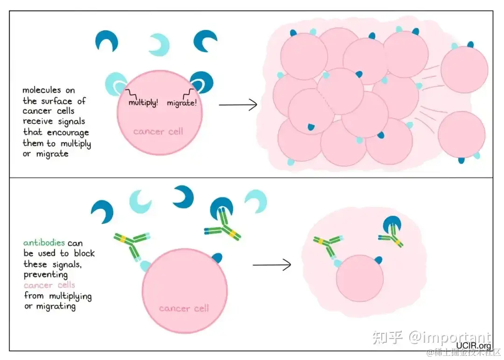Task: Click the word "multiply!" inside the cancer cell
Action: [x=143, y=102]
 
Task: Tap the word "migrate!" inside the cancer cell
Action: [x=182, y=103]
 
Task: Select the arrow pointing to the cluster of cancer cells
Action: [x=238, y=105]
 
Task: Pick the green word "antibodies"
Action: [x=44, y=243]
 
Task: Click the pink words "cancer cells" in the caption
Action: [x=49, y=285]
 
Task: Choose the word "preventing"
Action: [x=45, y=275]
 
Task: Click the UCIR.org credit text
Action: [x=474, y=346]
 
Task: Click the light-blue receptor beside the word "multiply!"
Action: [x=116, y=83]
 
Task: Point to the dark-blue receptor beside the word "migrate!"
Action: [x=202, y=81]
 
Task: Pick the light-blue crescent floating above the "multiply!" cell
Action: [x=159, y=44]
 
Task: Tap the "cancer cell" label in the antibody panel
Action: [x=184, y=308]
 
